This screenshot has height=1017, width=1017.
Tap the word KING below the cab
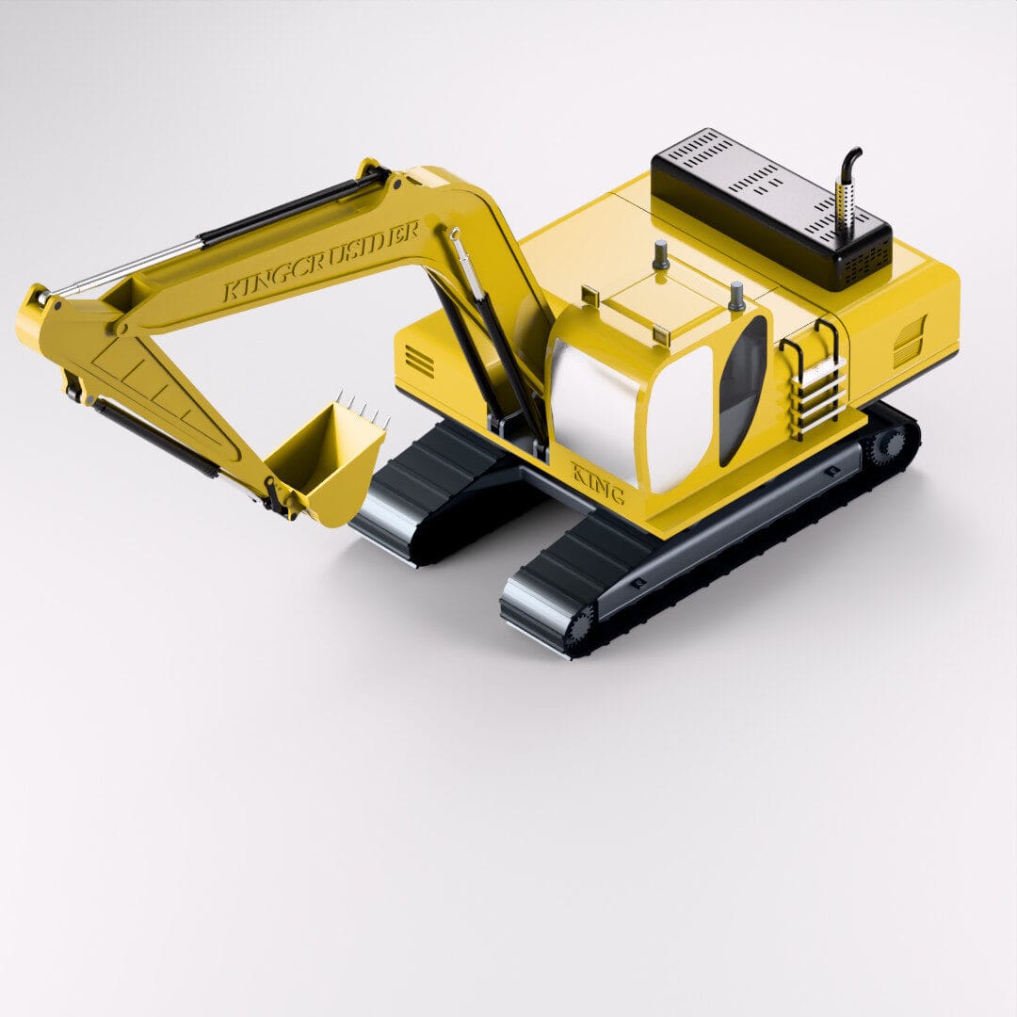point(597,481)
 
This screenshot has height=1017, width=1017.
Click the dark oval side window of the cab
point(742,391)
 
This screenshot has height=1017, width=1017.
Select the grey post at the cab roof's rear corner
point(661,254)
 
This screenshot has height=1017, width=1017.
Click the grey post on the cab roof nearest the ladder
point(736,296)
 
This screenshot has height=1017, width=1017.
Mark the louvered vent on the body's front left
point(420,360)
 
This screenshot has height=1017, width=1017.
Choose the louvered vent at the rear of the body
point(909,341)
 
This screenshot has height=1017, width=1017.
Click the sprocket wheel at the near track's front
point(580,625)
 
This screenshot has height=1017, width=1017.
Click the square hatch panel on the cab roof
point(651,300)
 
